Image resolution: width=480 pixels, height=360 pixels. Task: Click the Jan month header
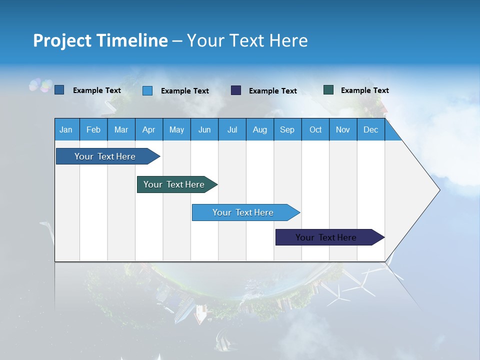66,130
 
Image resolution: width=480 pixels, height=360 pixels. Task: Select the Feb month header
93,130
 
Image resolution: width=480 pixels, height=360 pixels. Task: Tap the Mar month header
121,130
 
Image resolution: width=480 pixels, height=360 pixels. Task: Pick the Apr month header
148,130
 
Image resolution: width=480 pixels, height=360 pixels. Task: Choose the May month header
176,130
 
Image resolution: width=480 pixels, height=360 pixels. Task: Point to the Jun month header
204,130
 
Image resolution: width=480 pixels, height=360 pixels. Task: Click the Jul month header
232,130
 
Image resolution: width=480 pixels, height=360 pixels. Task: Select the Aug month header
260,130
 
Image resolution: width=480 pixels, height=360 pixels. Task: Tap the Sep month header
287,130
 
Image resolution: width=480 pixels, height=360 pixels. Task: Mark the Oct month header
315,130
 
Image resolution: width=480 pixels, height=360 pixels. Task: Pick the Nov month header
343,130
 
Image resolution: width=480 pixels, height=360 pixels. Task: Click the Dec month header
371,130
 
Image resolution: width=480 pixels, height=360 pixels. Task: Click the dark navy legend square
236,90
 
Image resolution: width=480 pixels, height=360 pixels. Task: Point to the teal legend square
328,90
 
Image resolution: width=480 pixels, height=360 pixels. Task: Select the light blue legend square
147,90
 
